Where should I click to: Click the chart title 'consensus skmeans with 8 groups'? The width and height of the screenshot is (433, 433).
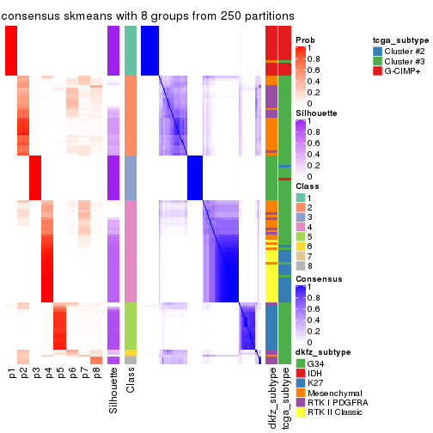pos(148,16)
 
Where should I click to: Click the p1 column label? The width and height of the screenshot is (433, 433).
pos(12,374)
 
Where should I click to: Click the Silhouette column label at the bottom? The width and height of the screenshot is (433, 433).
pos(113,391)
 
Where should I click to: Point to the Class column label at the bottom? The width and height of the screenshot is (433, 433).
pos(131,382)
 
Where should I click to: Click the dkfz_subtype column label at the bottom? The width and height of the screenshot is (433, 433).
pos(271,398)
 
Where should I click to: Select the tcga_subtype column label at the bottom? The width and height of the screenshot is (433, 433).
pos(284,398)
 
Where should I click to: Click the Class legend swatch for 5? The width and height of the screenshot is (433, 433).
pos(300,235)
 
